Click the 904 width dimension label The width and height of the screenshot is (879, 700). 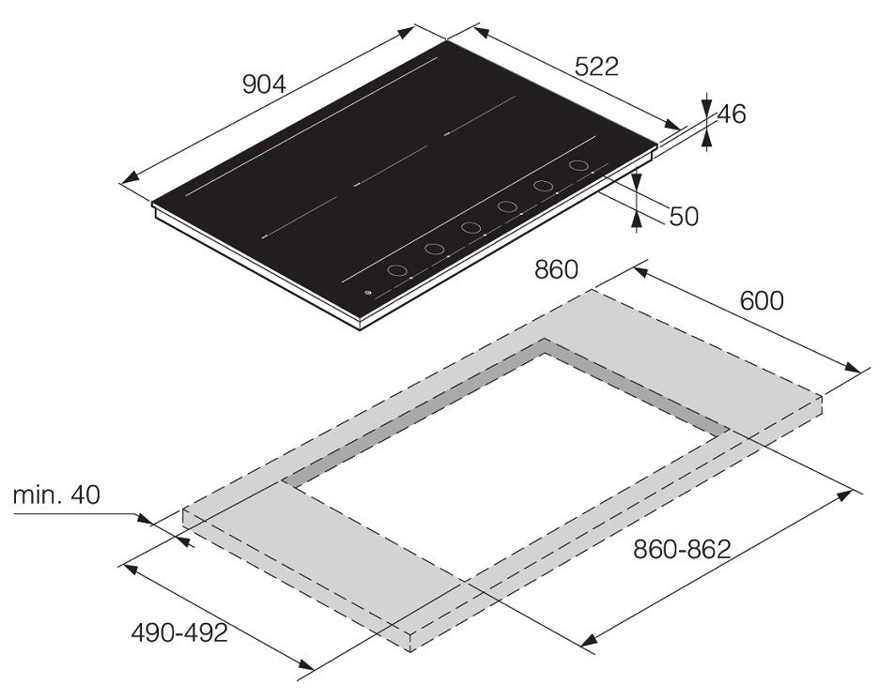click(x=264, y=84)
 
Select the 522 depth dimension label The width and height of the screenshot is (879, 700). click(x=596, y=66)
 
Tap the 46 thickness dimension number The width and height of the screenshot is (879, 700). click(x=732, y=114)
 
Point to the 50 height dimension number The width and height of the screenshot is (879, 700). click(x=684, y=217)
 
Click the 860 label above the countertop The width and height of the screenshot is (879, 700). click(x=556, y=269)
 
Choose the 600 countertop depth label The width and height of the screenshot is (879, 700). click(x=762, y=301)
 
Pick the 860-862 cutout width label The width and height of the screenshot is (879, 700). click(x=682, y=549)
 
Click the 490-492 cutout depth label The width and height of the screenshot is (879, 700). click(x=179, y=632)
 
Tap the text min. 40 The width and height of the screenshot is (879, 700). click(x=56, y=495)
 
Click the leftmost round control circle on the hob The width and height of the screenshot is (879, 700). click(x=397, y=270)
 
